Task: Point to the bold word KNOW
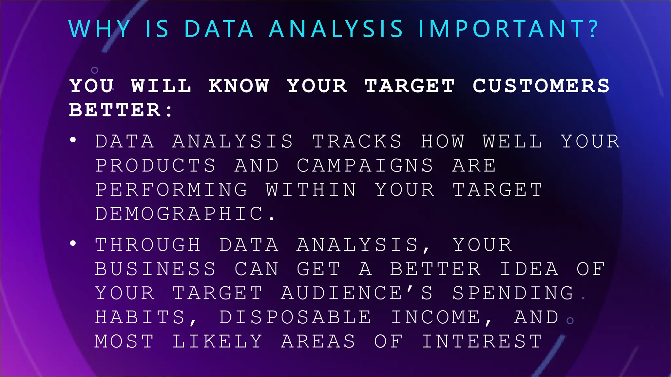[239, 86]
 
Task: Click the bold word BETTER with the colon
[120, 110]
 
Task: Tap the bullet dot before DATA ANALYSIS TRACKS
[73, 140]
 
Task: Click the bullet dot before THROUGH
[73, 243]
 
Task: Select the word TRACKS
[357, 141]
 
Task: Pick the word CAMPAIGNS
[365, 166]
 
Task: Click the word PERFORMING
[171, 190]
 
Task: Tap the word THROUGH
[148, 245]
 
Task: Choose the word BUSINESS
[155, 269]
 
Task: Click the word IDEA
[529, 269]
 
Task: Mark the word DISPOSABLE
[295, 317]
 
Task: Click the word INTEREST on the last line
[482, 342]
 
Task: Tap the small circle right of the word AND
[570, 321]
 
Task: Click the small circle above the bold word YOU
[95, 70]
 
